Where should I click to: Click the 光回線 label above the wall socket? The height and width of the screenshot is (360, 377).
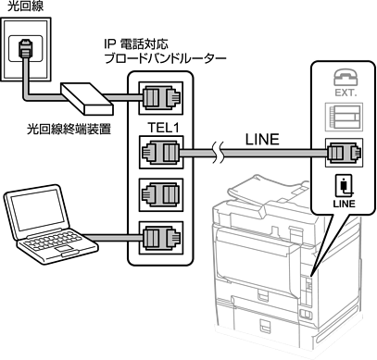click(x=25, y=6)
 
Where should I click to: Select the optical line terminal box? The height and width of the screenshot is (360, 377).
click(x=87, y=98)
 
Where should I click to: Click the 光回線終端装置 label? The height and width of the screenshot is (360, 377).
click(x=69, y=129)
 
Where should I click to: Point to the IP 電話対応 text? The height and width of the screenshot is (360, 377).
click(x=136, y=44)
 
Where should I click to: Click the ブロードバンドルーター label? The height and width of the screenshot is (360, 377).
click(x=166, y=58)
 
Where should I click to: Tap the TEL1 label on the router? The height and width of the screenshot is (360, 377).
click(x=163, y=128)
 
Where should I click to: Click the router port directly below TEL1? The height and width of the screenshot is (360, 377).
click(x=161, y=152)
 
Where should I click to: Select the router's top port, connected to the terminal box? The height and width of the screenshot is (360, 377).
click(x=161, y=98)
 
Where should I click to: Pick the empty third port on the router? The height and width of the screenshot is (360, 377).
click(x=161, y=195)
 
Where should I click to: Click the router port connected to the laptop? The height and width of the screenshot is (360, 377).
click(x=161, y=238)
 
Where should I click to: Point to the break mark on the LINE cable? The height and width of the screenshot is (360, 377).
click(x=219, y=152)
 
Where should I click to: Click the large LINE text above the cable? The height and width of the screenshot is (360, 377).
click(x=262, y=140)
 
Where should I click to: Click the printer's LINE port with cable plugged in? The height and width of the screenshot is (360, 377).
click(x=344, y=153)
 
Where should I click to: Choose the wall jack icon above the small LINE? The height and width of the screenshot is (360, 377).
click(x=344, y=186)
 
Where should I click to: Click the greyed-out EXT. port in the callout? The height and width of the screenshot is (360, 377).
click(x=344, y=118)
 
